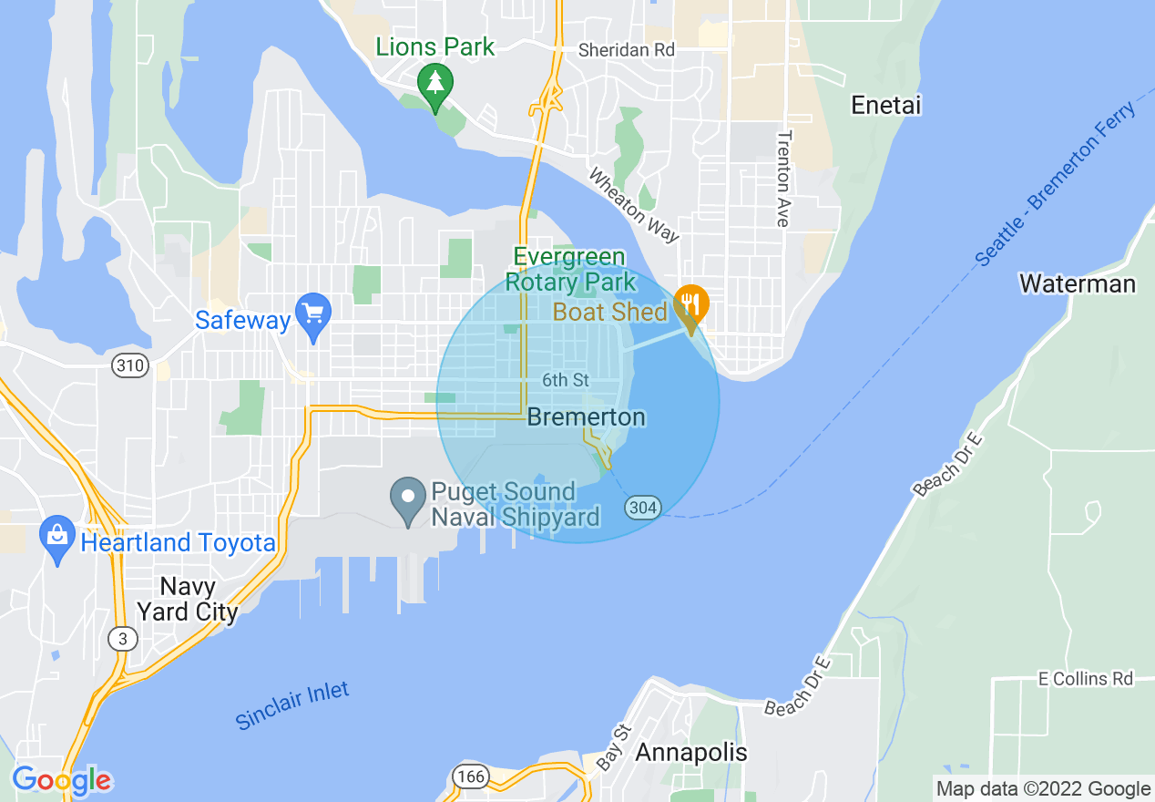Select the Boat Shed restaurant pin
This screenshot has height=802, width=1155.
691,305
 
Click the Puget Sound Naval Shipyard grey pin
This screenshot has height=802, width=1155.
408,499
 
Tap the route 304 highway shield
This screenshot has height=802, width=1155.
642,507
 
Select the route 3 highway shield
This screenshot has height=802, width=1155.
122,639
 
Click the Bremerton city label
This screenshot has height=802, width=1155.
587,417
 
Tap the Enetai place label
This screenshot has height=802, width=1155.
886,106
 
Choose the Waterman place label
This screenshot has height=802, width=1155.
1078,284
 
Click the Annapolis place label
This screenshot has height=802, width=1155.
691,753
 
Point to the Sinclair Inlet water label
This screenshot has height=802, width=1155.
292,705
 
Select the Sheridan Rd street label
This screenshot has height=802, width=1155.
627,50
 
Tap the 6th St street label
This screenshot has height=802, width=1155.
565,379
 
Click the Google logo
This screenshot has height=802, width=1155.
62,780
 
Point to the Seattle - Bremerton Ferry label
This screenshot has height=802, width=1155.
1056,183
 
